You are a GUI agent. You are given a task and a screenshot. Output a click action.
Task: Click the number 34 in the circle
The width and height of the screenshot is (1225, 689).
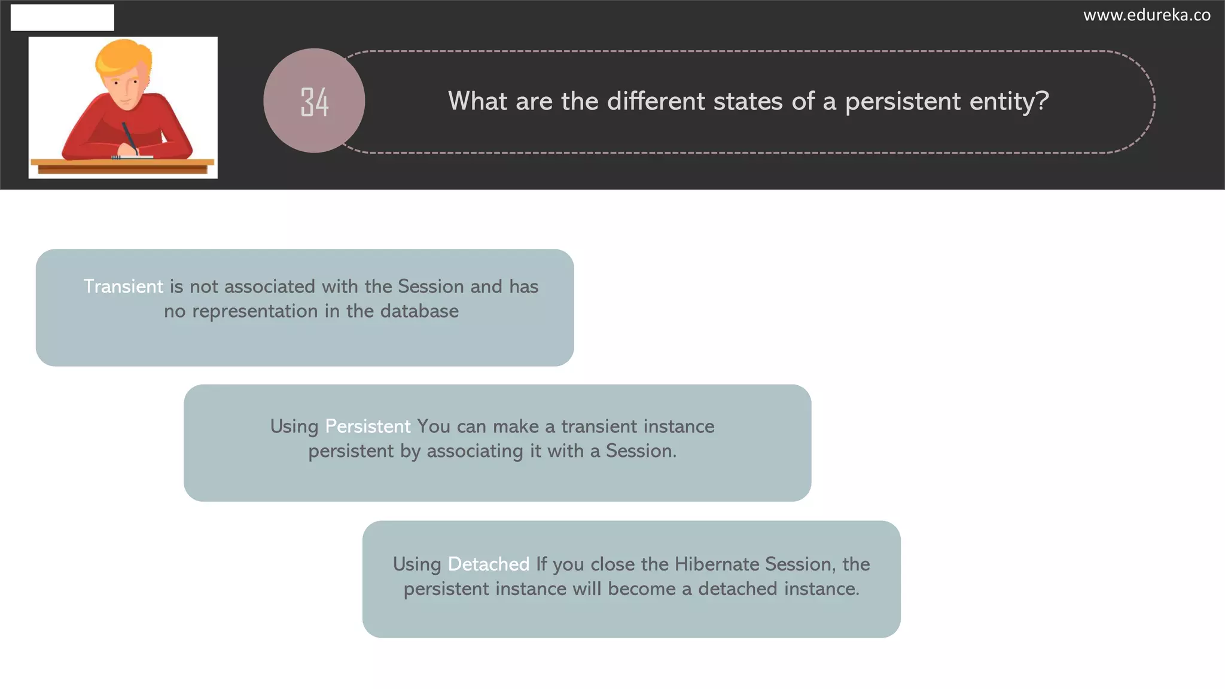tap(314, 102)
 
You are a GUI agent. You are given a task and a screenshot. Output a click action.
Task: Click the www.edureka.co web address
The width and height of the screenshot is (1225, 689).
tap(1146, 15)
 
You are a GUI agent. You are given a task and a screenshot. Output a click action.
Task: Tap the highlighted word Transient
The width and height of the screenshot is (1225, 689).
tap(123, 286)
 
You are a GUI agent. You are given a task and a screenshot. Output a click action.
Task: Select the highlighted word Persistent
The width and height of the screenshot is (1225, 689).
tap(367, 426)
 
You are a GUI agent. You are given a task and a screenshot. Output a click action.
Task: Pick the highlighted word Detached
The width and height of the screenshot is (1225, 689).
tap(488, 564)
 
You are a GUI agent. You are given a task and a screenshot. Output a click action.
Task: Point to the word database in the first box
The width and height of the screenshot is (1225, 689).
tap(419, 311)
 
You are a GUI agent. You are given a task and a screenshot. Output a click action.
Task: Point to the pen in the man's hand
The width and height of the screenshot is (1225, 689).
tap(129, 136)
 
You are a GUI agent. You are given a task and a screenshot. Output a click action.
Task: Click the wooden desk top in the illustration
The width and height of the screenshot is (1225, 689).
tap(123, 162)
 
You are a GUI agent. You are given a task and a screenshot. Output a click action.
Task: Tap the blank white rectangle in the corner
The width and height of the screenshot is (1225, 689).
tap(62, 17)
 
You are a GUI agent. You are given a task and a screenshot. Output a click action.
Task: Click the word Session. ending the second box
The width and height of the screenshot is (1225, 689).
tap(641, 451)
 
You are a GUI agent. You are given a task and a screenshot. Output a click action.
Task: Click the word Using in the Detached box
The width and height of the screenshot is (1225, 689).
tap(416, 564)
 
